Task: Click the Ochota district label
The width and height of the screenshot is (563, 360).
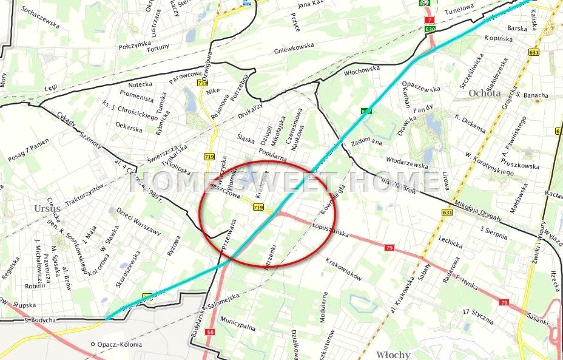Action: pyautogui.click(x=485, y=93)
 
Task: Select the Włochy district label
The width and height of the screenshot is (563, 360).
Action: pyautogui.click(x=393, y=355)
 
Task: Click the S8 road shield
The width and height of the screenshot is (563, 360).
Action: pyautogui.click(x=210, y=332)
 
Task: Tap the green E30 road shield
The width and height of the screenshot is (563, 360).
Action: pyautogui.click(x=430, y=29)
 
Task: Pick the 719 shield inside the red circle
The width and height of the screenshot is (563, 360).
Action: pyautogui.click(x=258, y=208)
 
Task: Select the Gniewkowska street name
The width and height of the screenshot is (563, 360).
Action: pyautogui.click(x=294, y=46)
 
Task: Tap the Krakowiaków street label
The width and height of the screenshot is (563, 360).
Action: pyautogui.click(x=343, y=268)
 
